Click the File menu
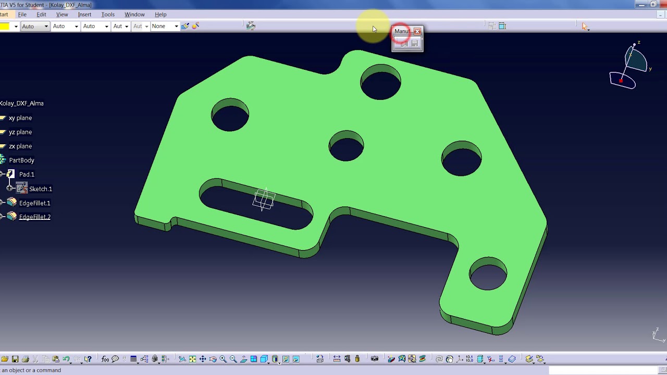pyautogui.click(x=22, y=15)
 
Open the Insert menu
pyautogui.click(x=84, y=15)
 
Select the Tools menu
pyautogui.click(x=108, y=15)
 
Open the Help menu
pyautogui.click(x=160, y=15)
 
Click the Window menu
pyautogui.click(x=134, y=15)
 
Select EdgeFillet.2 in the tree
pyautogui.click(x=34, y=217)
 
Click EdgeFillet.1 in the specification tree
pyautogui.click(x=34, y=203)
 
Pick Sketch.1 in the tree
pyautogui.click(x=40, y=189)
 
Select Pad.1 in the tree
pyautogui.click(x=27, y=174)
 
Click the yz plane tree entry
pyautogui.click(x=20, y=132)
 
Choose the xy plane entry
pyautogui.click(x=20, y=118)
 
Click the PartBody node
pyautogui.click(x=21, y=160)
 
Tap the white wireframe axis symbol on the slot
pyautogui.click(x=264, y=199)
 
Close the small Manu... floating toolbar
pyautogui.click(x=417, y=31)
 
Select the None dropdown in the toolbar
pyautogui.click(x=165, y=26)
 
